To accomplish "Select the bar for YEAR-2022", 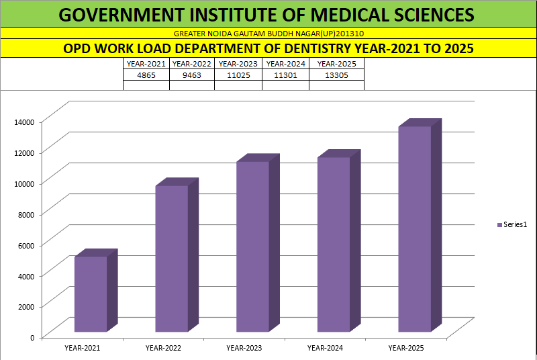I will (172, 259).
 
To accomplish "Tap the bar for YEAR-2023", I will (252, 246).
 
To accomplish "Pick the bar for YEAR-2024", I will (334, 244).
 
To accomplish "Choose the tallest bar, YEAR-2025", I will (414, 228).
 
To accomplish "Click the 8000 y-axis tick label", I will (25, 214).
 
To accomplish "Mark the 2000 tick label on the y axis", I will (25, 306).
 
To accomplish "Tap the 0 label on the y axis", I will (32, 336).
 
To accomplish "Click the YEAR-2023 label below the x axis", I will (244, 348).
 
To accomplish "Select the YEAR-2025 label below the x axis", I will (406, 348).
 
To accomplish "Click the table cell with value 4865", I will (146, 75).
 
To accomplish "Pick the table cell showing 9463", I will (191, 75).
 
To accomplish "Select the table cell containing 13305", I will (336, 75).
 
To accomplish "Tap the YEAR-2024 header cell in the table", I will (286, 64).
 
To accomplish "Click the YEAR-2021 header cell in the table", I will (146, 64).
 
